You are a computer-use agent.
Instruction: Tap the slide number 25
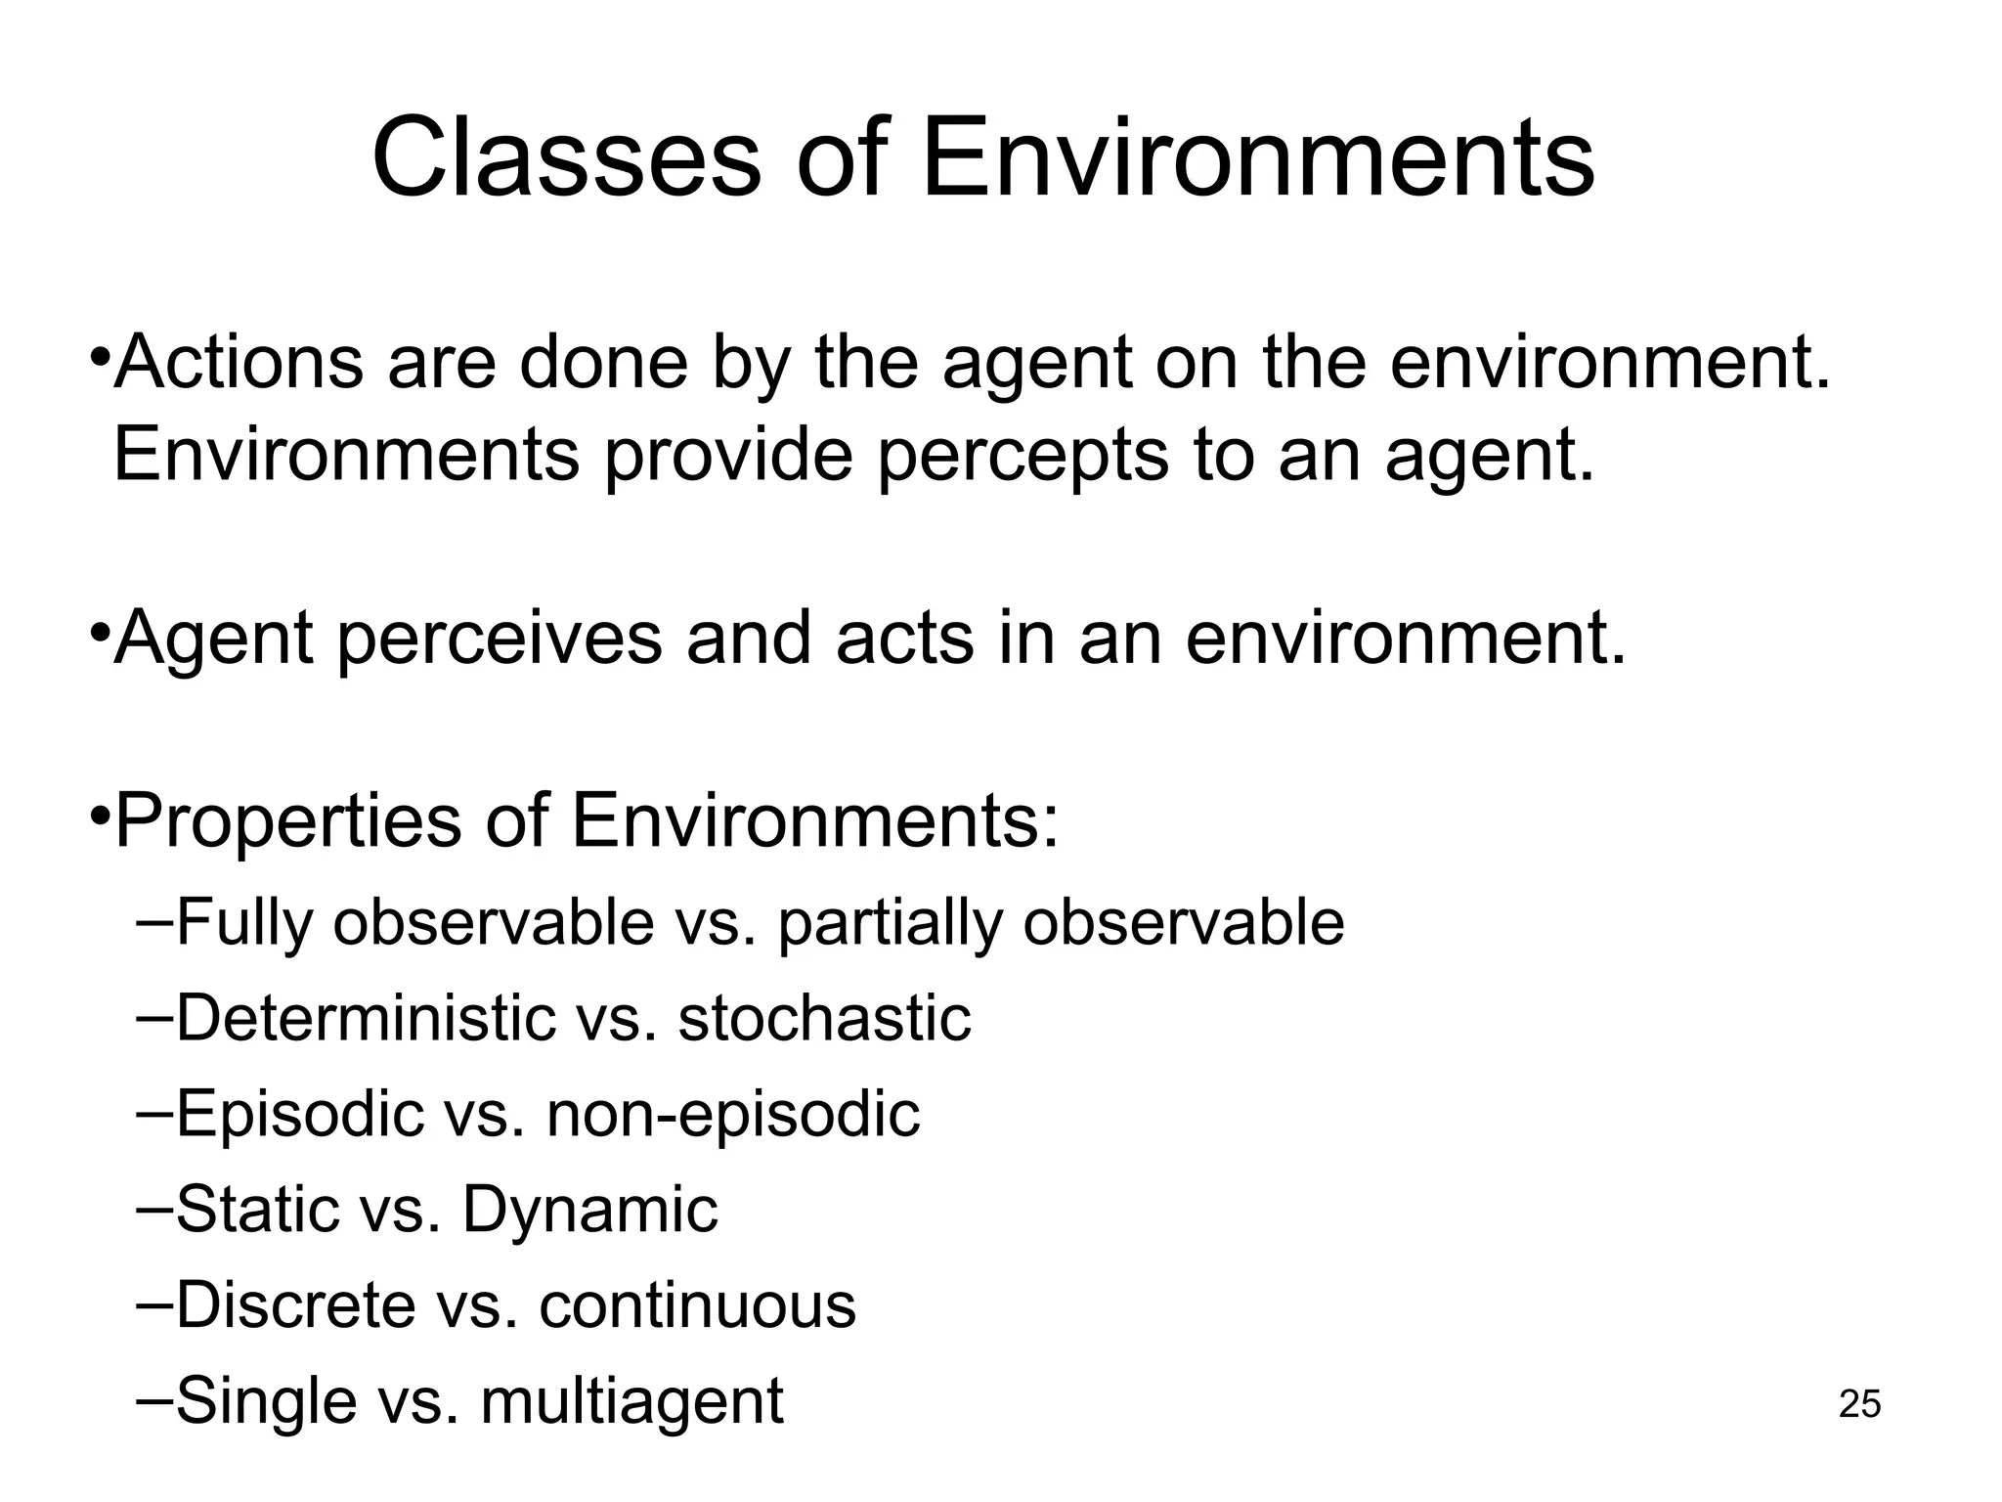coord(1859,1404)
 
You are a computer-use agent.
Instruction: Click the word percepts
coord(1023,455)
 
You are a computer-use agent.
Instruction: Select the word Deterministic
coord(365,1018)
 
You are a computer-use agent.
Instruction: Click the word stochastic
coord(824,1018)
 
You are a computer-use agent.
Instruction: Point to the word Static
coord(257,1210)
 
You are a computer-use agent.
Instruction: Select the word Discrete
coord(295,1304)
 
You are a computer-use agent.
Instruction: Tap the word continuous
coord(697,1304)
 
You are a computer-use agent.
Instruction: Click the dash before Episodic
coord(154,1111)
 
